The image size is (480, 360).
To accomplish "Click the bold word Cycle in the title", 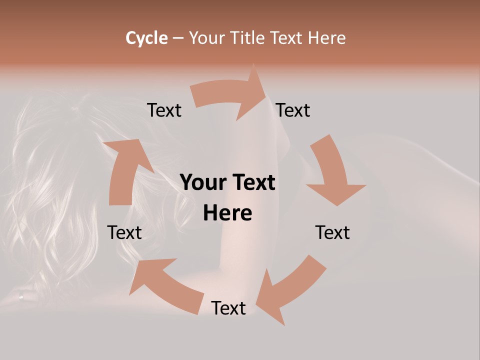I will [x=146, y=38].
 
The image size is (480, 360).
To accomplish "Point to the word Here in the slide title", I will [x=326, y=38].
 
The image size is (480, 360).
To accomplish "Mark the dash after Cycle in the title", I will [x=178, y=38].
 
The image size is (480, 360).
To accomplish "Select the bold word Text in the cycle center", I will [x=253, y=182].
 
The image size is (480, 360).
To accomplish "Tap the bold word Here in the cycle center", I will [x=227, y=213].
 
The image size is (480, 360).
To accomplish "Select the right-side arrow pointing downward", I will [x=332, y=170].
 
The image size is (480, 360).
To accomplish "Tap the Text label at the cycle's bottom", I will [x=228, y=308].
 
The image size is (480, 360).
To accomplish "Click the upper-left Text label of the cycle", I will [x=164, y=110].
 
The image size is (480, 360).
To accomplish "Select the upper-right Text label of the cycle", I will [x=293, y=110].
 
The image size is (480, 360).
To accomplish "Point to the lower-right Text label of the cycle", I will [x=332, y=232].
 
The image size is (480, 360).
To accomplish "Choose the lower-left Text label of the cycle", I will [x=124, y=232].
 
